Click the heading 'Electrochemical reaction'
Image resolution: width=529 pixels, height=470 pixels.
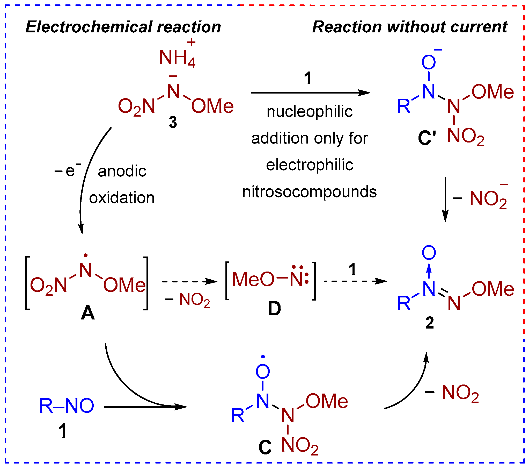123,27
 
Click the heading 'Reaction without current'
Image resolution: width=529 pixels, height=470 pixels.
410,27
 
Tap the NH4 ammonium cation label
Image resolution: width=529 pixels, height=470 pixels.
177,58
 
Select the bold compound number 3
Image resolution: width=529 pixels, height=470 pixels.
173,122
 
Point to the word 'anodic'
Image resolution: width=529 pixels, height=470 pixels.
122,171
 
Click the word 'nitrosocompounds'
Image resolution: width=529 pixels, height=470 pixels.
310,192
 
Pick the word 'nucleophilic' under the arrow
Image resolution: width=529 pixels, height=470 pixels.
310,112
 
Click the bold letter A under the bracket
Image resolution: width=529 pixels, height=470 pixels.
88,313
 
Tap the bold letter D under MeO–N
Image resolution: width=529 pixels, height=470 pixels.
274,309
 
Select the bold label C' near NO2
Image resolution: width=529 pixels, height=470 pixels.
427,138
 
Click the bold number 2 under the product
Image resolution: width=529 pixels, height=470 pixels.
430,323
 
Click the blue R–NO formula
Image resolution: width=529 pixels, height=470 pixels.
67,406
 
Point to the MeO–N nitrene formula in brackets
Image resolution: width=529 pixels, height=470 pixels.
270,279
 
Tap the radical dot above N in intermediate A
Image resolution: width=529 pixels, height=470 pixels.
86,255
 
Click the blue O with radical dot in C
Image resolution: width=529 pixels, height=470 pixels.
263,371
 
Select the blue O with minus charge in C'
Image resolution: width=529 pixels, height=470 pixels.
429,62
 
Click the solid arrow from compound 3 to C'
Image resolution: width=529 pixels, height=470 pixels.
311,93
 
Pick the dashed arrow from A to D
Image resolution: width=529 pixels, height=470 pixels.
189,281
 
